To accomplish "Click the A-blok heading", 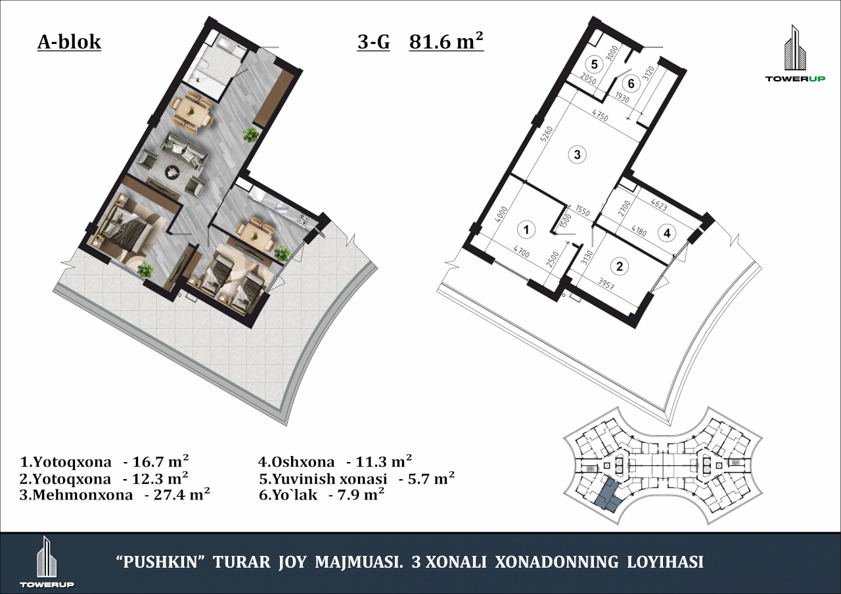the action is [69, 42].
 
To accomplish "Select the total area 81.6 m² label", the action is [446, 41].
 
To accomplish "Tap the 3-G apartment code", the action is [374, 42].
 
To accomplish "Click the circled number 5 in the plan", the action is [594, 64].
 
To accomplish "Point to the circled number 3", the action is [578, 154].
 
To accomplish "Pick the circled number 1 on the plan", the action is [526, 230].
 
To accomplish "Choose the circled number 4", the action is [667, 233].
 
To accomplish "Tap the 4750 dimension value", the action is [600, 115].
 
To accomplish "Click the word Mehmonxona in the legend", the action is [82, 495].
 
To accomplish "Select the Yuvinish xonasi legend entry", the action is [330, 479].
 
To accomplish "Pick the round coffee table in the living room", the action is [173, 173].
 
